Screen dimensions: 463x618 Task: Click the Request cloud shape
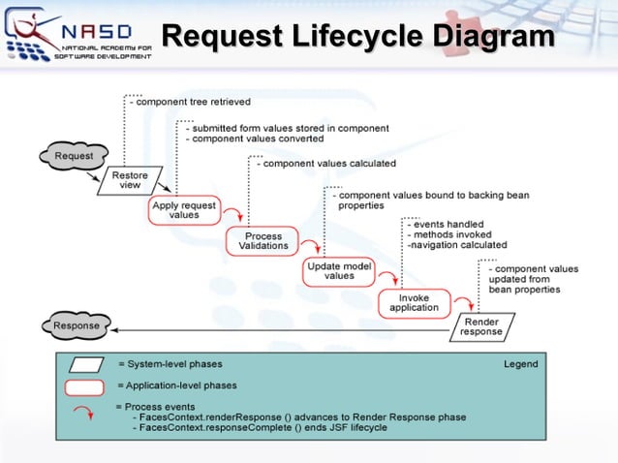tap(74, 156)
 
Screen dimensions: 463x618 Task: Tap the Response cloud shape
tap(77, 325)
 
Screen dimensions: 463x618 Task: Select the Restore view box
tap(130, 180)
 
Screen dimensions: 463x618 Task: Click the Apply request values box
tap(184, 210)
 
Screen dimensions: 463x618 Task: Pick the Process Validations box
tap(263, 241)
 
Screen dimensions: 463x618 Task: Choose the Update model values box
tap(339, 271)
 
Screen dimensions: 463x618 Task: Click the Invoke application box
tap(414, 302)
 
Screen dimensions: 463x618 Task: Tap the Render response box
tap(481, 326)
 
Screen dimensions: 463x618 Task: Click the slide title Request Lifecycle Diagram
tap(357, 36)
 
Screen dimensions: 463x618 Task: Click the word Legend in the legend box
tap(520, 364)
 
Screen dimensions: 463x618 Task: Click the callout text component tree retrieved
tap(193, 101)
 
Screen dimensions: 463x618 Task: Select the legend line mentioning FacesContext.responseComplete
tap(263, 427)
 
